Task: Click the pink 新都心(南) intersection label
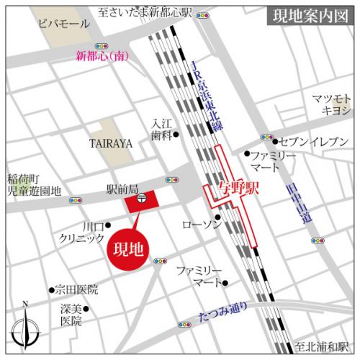coord(103,57)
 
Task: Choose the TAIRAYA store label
coord(110,143)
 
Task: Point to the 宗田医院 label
coord(76,290)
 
